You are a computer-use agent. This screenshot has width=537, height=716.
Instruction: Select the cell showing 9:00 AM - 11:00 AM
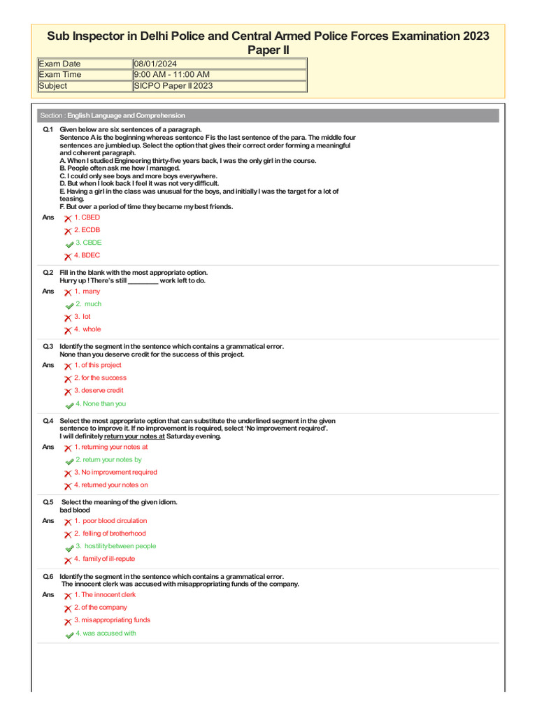pyautogui.click(x=171, y=75)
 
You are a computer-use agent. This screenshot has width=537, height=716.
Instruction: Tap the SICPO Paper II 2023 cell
pyautogui.click(x=173, y=86)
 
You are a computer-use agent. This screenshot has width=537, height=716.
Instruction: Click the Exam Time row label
pyautogui.click(x=60, y=75)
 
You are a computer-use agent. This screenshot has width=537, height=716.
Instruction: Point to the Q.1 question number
pyautogui.click(x=48, y=130)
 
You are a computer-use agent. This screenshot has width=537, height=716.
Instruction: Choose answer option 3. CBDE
pyautogui.click(x=88, y=243)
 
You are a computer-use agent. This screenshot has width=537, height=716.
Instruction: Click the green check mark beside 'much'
pyautogui.click(x=69, y=305)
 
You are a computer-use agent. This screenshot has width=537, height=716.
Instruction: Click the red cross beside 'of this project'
pyautogui.click(x=68, y=366)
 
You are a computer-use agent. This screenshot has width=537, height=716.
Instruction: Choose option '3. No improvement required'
pyautogui.click(x=115, y=472)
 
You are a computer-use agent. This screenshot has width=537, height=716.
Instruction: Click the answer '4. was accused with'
pyautogui.click(x=105, y=633)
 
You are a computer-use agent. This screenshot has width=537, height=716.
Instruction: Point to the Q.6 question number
pyautogui.click(x=48, y=576)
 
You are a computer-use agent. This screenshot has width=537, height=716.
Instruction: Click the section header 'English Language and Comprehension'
pyautogui.click(x=126, y=115)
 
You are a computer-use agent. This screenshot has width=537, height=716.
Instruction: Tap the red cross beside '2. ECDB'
pyautogui.click(x=68, y=231)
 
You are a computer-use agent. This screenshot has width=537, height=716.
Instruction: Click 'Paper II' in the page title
pyautogui.click(x=268, y=50)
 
